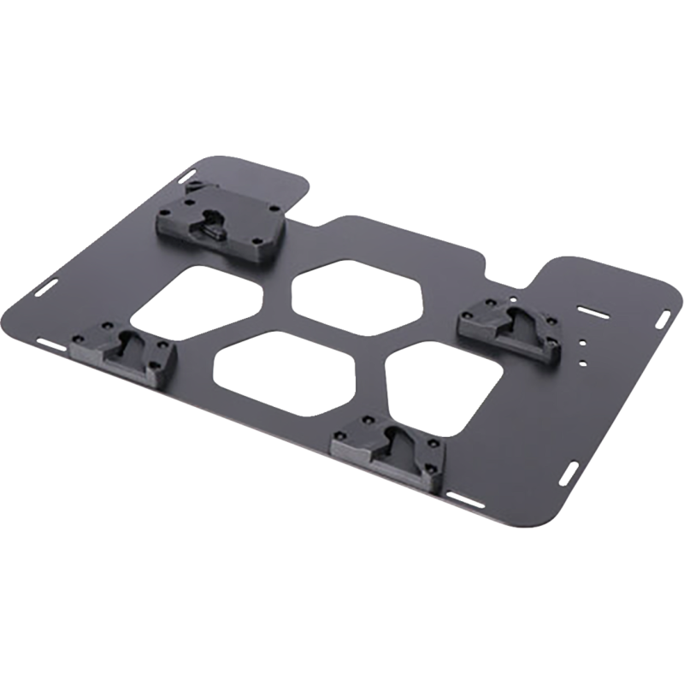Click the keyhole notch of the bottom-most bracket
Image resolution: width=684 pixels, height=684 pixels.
389,438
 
